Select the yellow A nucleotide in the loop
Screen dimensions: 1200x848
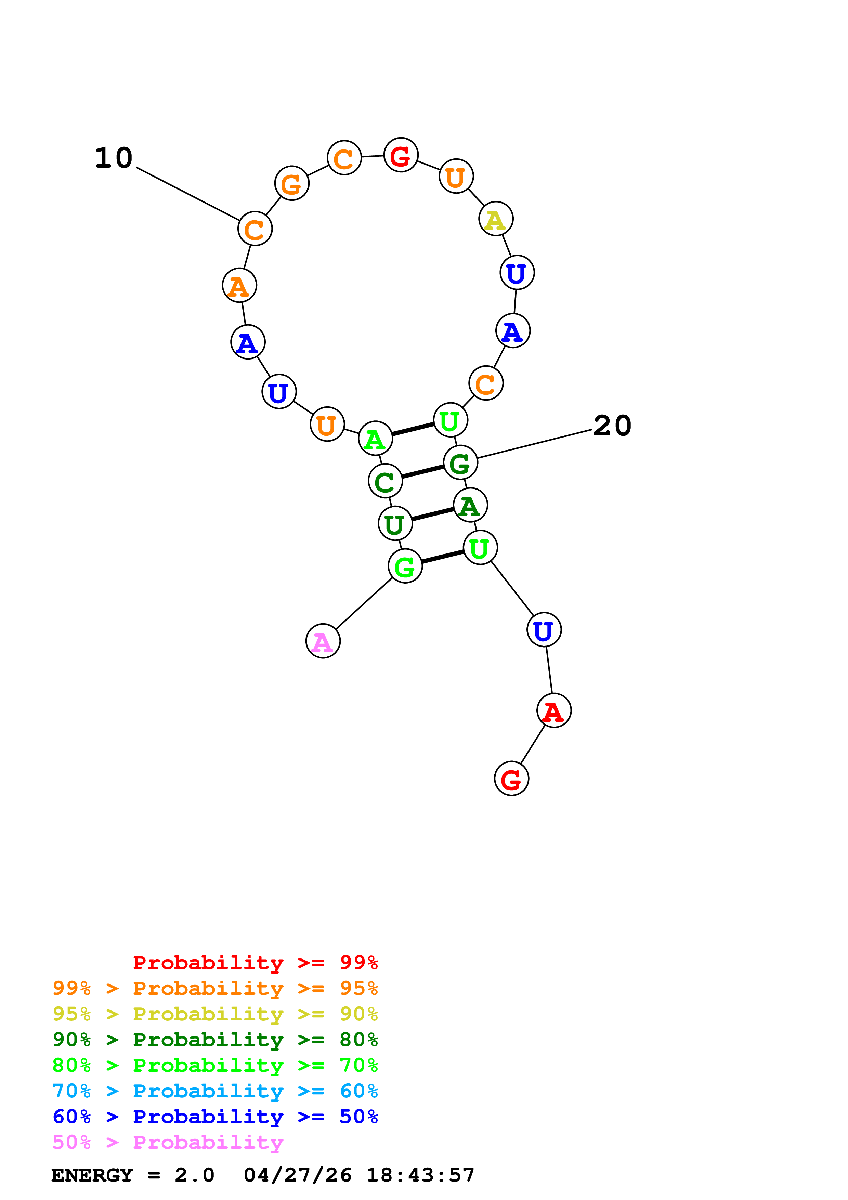[x=495, y=219]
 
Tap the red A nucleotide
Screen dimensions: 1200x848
[x=554, y=711]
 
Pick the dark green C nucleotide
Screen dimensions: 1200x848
[x=385, y=481]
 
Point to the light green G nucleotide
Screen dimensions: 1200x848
[x=405, y=566]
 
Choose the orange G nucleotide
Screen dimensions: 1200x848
[x=291, y=183]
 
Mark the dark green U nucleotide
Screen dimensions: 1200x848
[x=395, y=523]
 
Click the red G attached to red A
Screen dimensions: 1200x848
[x=511, y=779]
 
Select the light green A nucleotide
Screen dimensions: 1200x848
[x=375, y=439]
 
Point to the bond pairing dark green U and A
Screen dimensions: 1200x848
[x=433, y=514]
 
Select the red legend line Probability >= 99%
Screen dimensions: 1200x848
[x=255, y=962]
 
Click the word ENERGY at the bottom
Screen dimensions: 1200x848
[x=92, y=1175]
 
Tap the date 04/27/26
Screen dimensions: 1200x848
[x=297, y=1175]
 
